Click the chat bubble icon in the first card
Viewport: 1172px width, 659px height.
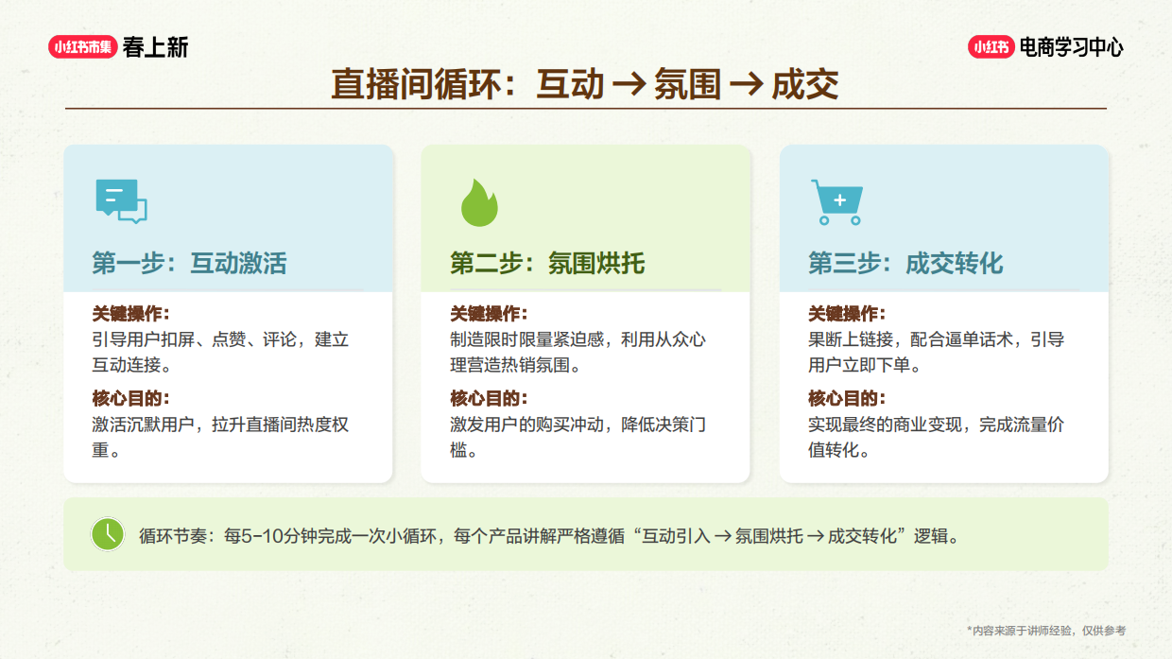pos(121,200)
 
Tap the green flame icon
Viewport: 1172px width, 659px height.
pos(479,202)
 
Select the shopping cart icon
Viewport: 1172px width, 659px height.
pos(836,201)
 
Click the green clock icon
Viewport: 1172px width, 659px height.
pos(108,534)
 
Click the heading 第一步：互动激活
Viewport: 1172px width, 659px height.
pos(189,263)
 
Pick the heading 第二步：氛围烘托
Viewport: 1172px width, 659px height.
pos(547,263)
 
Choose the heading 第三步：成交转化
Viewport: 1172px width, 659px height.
pos(905,263)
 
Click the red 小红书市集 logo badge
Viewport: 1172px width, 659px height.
pos(82,47)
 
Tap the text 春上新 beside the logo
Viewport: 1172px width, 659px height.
pos(156,47)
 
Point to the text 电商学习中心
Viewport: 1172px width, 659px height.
pos(1072,47)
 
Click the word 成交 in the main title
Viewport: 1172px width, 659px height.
pos(805,85)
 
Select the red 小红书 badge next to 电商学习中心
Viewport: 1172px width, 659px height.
pos(991,47)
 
